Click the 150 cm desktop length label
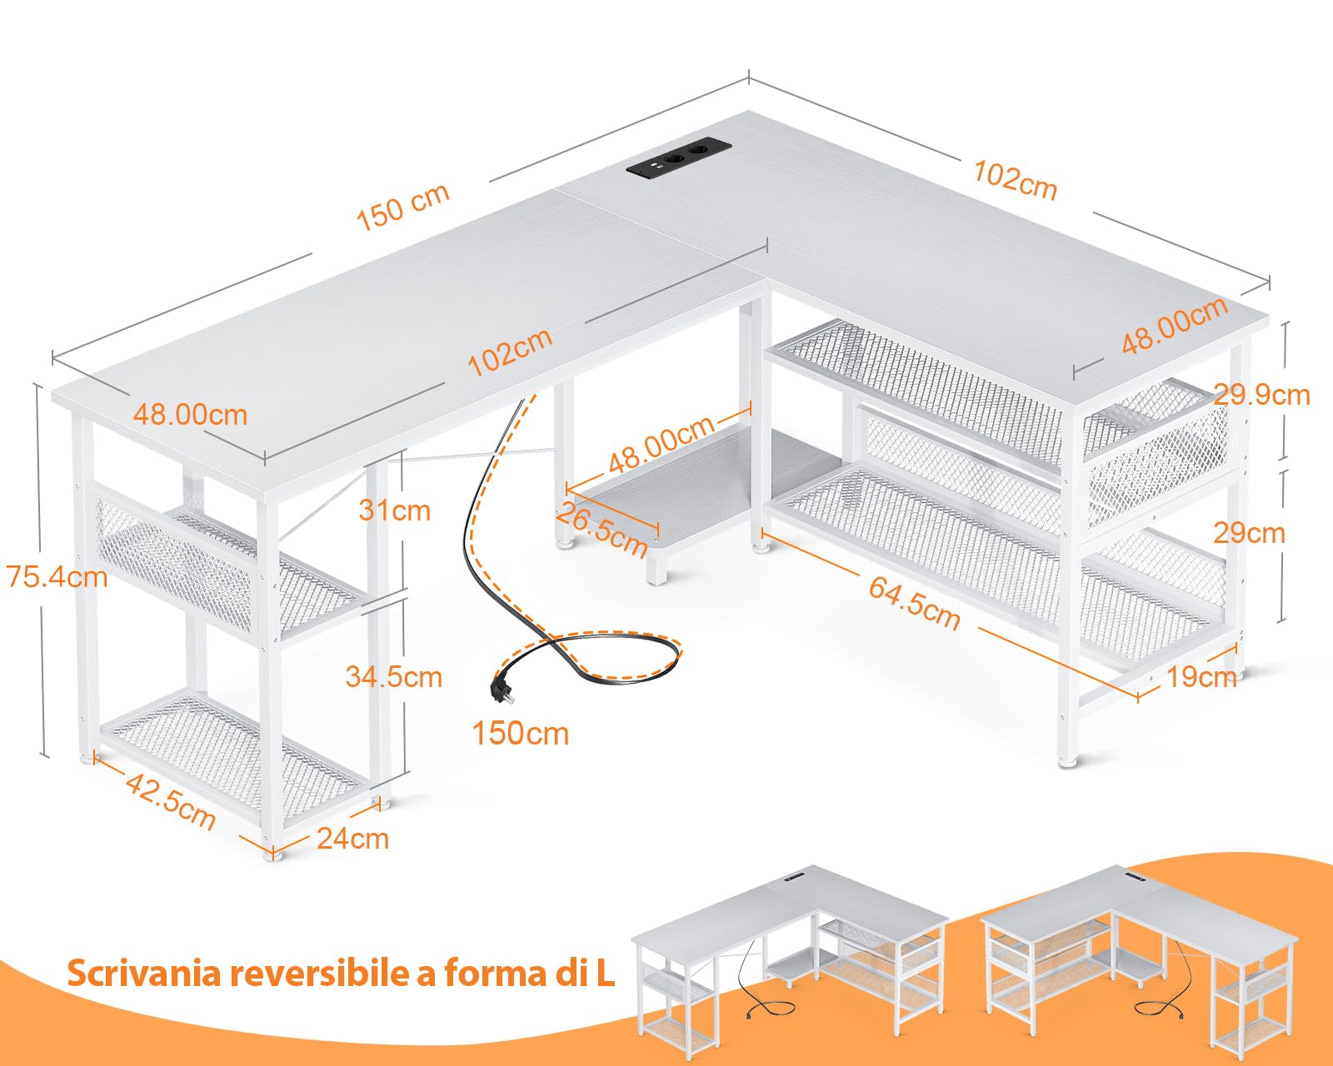(402, 207)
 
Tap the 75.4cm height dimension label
(57, 576)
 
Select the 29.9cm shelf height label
(1261, 394)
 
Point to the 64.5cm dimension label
(914, 601)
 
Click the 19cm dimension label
(1201, 676)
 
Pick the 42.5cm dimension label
(171, 800)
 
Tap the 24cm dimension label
(352, 838)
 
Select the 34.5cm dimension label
(393, 676)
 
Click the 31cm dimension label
(394, 510)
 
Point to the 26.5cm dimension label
(602, 530)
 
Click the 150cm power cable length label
(520, 734)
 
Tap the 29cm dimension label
(1248, 532)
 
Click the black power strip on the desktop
(678, 157)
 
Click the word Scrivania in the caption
(143, 972)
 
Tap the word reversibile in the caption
(320, 972)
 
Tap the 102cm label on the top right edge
(1015, 180)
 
